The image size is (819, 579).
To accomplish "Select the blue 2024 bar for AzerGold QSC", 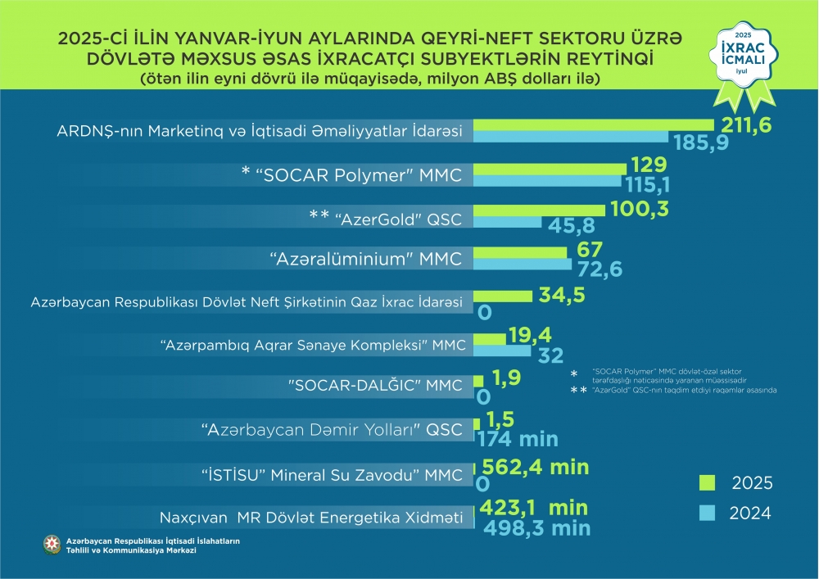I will (x=508, y=222).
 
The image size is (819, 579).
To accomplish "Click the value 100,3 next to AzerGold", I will (x=640, y=209).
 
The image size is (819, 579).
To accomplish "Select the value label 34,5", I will (x=562, y=295).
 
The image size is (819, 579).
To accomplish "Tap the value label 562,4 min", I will (x=536, y=467).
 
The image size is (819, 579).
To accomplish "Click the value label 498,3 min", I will (x=536, y=527).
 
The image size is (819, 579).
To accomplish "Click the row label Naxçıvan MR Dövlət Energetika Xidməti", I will (x=312, y=518).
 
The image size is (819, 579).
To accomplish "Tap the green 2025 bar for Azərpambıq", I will (x=490, y=338).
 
